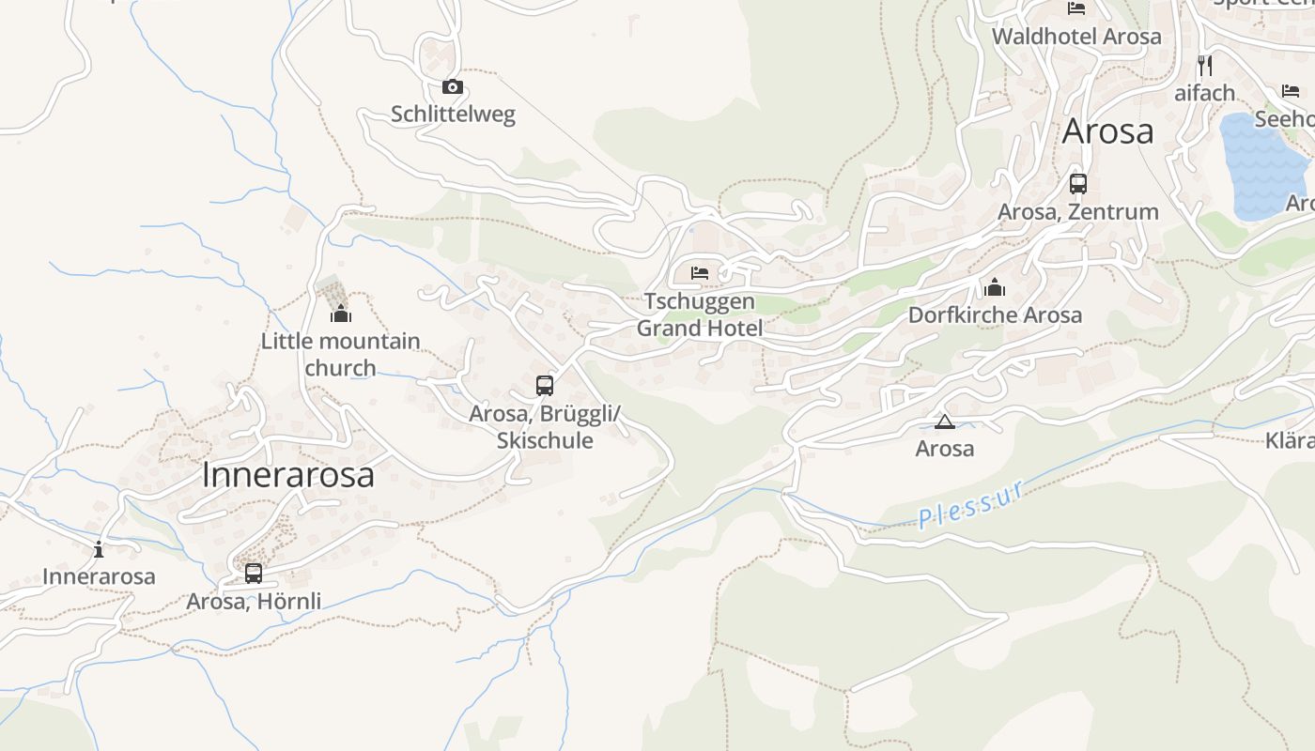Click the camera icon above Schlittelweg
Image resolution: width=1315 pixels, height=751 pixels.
pyautogui.click(x=453, y=87)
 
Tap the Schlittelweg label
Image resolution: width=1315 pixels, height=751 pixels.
pyautogui.click(x=453, y=115)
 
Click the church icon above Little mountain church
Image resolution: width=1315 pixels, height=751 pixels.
pyautogui.click(x=340, y=314)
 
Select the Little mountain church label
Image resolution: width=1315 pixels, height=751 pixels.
pyautogui.click(x=340, y=354)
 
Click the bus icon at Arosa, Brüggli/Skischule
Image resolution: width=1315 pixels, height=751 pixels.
pyautogui.click(x=545, y=385)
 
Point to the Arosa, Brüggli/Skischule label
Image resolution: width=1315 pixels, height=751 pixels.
pyautogui.click(x=545, y=427)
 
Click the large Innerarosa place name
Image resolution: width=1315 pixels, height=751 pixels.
pyautogui.click(x=287, y=475)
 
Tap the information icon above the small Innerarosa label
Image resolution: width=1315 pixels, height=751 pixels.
pyautogui.click(x=99, y=549)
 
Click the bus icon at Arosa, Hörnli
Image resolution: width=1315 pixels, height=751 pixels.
pyautogui.click(x=254, y=573)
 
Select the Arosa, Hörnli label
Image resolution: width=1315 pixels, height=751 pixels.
pyautogui.click(x=254, y=601)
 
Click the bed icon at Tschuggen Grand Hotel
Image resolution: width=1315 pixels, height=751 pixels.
pyautogui.click(x=700, y=273)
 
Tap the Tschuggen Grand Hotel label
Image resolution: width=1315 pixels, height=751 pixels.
pyautogui.click(x=700, y=314)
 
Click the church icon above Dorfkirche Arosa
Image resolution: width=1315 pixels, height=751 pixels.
pyautogui.click(x=995, y=287)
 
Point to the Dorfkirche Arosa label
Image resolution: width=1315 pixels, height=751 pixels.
pyautogui.click(x=995, y=315)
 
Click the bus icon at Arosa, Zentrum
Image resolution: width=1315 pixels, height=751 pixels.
pyautogui.click(x=1078, y=184)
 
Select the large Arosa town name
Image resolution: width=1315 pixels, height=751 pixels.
pyautogui.click(x=1107, y=131)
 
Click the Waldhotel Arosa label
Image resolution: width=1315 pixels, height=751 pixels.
pyautogui.click(x=1076, y=37)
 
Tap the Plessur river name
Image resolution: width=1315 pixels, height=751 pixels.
pyautogui.click(x=970, y=505)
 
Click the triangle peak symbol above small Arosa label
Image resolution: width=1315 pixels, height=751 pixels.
pyautogui.click(x=944, y=421)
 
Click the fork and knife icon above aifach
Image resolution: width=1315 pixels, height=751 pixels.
pyautogui.click(x=1205, y=66)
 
